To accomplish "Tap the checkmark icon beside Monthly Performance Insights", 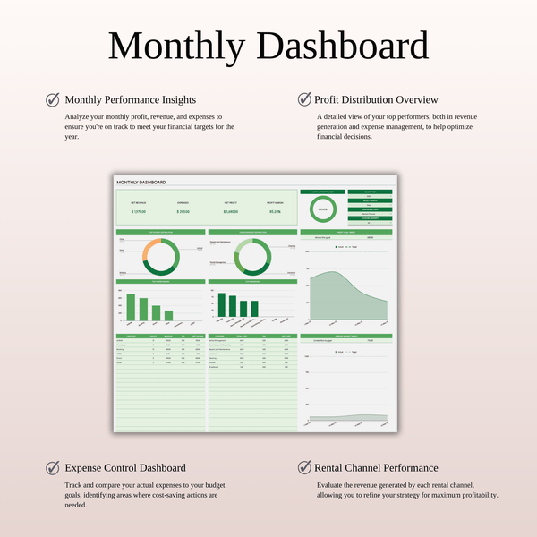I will (x=53, y=99).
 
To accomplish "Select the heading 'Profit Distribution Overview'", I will (x=376, y=99).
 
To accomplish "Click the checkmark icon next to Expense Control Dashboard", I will (x=53, y=467).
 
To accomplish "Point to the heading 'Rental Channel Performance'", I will (x=376, y=467).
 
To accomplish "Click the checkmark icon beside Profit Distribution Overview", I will (x=304, y=99).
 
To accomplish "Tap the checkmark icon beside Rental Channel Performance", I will (x=304, y=467).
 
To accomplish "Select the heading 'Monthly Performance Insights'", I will (x=131, y=99).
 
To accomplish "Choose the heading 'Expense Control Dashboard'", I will (x=125, y=467).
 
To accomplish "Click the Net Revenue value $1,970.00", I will (x=138, y=212).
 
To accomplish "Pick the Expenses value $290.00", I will (x=183, y=212).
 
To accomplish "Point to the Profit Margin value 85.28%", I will (x=275, y=212).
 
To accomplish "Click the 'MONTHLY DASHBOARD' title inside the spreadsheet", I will (x=141, y=183).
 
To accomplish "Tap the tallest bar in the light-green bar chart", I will (x=131, y=308).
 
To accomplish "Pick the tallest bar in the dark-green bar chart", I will (x=221, y=305).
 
